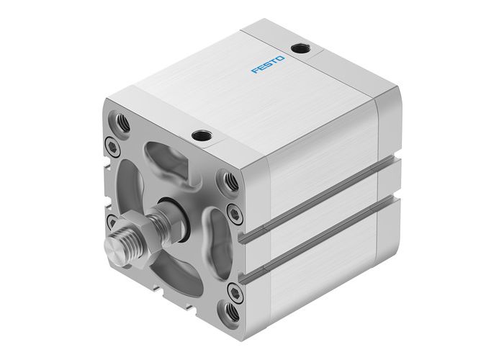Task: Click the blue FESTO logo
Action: point(268,66)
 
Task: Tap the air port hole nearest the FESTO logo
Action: point(298,49)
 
